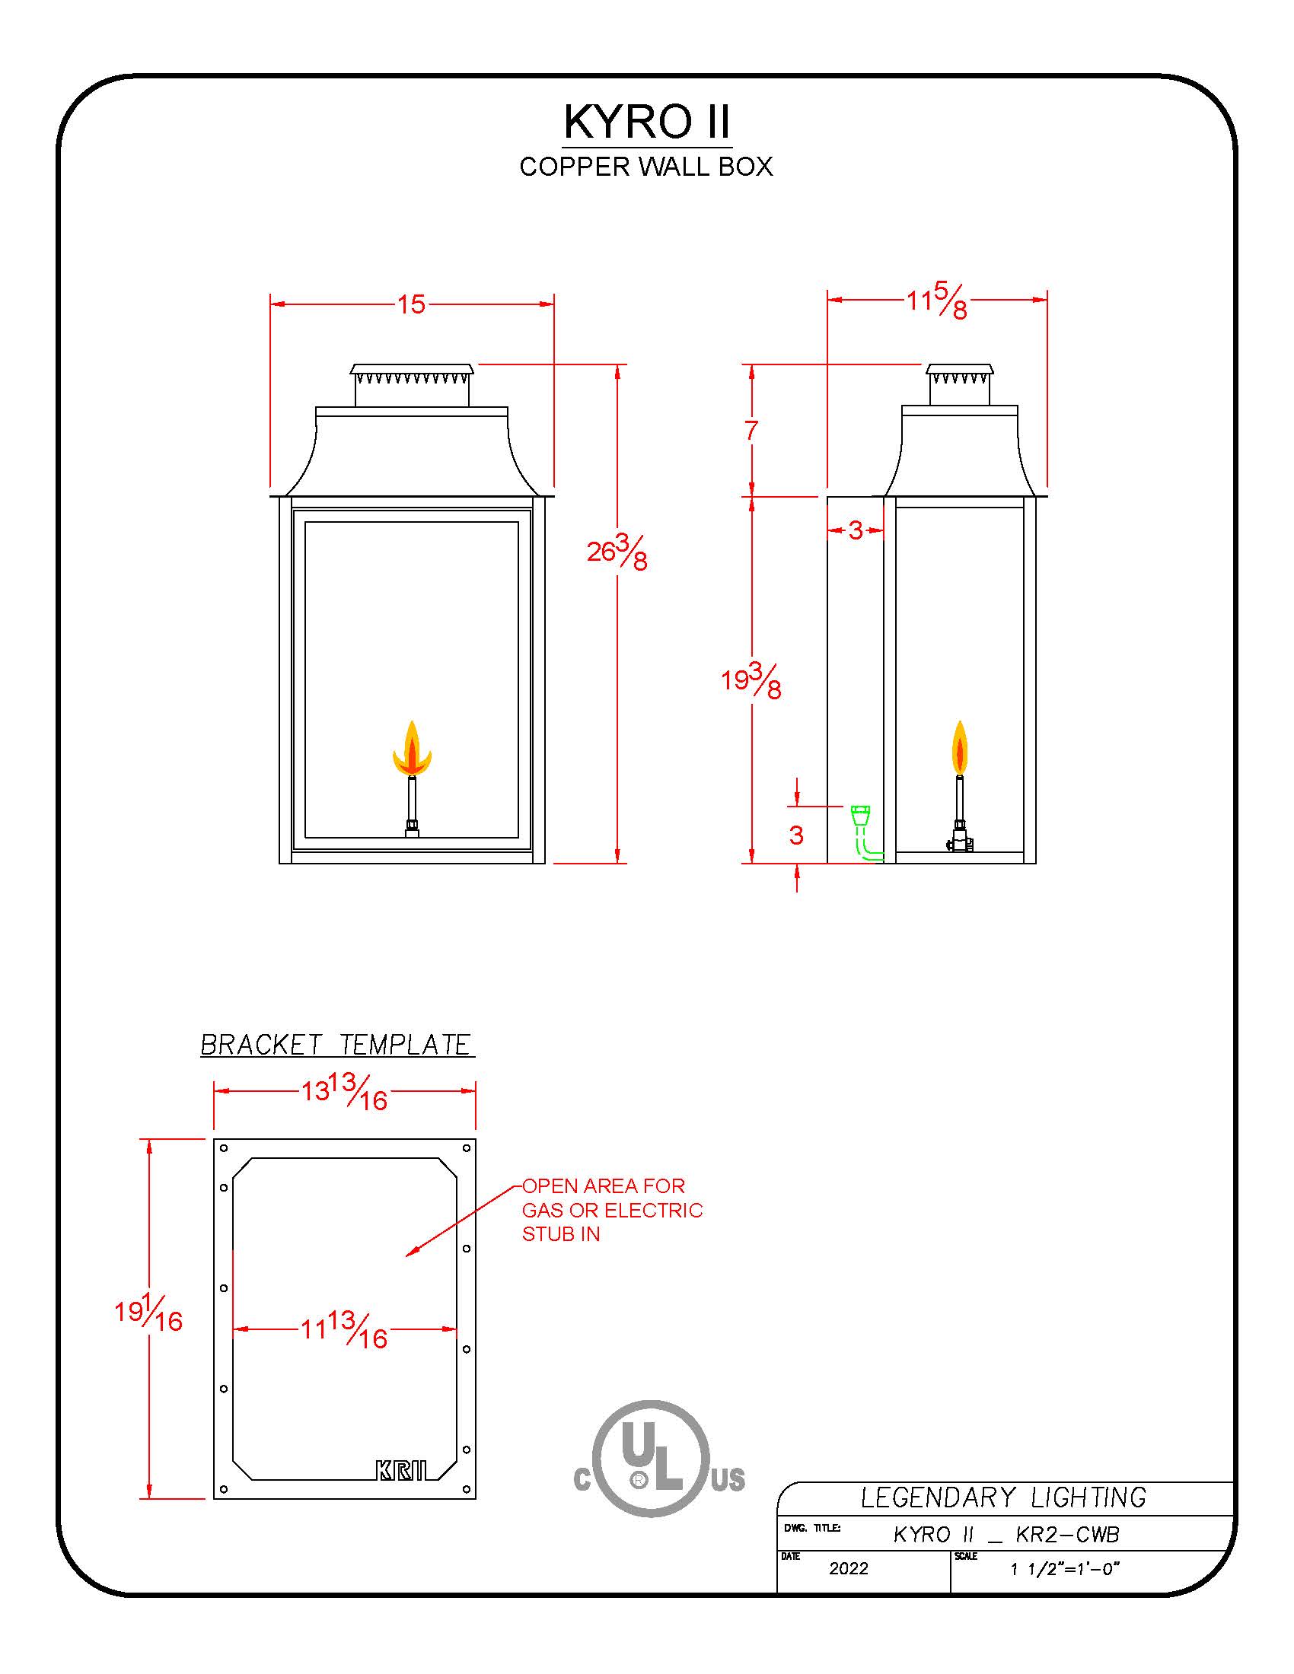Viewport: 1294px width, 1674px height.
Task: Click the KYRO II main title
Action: [x=647, y=121]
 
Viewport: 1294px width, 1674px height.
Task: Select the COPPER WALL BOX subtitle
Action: [x=646, y=167]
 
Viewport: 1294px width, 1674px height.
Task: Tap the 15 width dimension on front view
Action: [x=411, y=304]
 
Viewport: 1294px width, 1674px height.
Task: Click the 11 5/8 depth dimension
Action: [x=937, y=300]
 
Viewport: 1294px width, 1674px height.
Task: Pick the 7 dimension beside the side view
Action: [x=751, y=430]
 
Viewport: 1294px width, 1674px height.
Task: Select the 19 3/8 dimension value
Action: [x=751, y=681]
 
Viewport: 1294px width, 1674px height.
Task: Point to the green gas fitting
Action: [x=863, y=831]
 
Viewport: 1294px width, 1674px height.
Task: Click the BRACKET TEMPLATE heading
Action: [x=336, y=1045]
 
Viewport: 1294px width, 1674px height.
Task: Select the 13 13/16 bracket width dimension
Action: [x=344, y=1090]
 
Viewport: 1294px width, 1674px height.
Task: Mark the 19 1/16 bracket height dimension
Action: [x=148, y=1314]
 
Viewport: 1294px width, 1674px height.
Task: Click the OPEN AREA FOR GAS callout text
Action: [x=612, y=1210]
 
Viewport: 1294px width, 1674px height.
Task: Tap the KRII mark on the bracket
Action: [x=401, y=1470]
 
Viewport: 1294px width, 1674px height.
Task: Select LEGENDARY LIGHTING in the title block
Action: [x=1003, y=1497]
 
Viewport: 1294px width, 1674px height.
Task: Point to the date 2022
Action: [x=849, y=1568]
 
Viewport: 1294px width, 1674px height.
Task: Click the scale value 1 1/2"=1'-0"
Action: [x=1065, y=1569]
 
